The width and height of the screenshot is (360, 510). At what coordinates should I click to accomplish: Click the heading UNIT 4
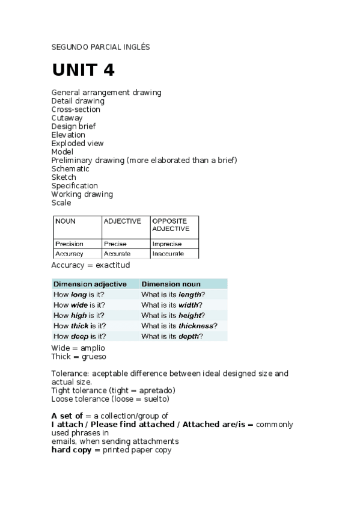tap(83, 70)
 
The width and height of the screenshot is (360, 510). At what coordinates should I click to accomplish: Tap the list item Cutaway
tap(67, 118)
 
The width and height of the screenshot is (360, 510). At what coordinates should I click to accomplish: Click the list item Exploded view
tap(78, 143)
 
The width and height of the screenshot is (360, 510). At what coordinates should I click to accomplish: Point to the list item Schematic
tap(70, 169)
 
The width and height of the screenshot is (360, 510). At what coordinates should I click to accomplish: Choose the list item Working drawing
tap(82, 194)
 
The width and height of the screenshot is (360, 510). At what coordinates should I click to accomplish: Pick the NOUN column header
tap(66, 221)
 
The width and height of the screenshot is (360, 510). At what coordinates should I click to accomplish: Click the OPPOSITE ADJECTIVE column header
tap(171, 225)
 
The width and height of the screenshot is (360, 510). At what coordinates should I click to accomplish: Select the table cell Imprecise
tap(167, 244)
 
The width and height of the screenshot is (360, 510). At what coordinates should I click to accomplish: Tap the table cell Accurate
tap(117, 254)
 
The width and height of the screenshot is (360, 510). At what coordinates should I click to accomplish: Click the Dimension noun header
tap(171, 284)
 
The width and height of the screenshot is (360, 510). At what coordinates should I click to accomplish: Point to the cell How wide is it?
tap(79, 305)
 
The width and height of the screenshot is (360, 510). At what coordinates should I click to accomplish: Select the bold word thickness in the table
tap(196, 326)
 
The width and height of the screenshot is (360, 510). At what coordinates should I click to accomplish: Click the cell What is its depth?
tap(172, 337)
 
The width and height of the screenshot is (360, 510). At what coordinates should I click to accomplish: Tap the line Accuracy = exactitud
tap(91, 265)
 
